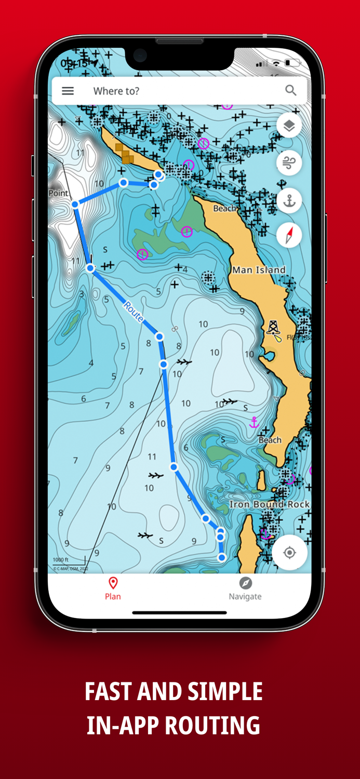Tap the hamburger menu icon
pyautogui.click(x=68, y=91)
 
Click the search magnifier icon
pyautogui.click(x=290, y=90)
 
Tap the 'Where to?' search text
pyautogui.click(x=116, y=91)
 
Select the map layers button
pyautogui.click(x=289, y=125)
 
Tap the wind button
pyautogui.click(x=289, y=163)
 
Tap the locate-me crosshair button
pyautogui.click(x=289, y=553)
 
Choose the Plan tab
pyautogui.click(x=113, y=588)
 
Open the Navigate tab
pyautogui.click(x=245, y=588)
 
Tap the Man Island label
pyautogui.click(x=259, y=270)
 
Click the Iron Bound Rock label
pyautogui.click(x=270, y=504)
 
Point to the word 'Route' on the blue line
pyautogui.click(x=133, y=313)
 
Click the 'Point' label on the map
pyautogui.click(x=58, y=193)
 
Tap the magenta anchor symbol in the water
pyautogui.click(x=254, y=422)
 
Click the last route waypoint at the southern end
pyautogui.click(x=222, y=558)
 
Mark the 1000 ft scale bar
pyautogui.click(x=68, y=561)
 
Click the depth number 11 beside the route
pyautogui.click(x=152, y=456)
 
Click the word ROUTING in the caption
pyautogui.click(x=212, y=726)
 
